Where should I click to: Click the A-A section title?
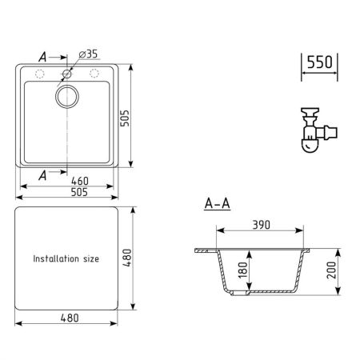tap(217, 204)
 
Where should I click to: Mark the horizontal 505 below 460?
tap(68, 193)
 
